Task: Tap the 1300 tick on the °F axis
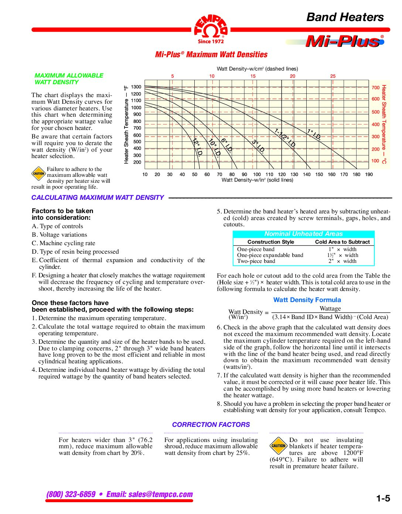[136, 87]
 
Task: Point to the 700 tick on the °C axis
[375, 88]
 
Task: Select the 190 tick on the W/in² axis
[369, 175]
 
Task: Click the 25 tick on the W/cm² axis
[333, 76]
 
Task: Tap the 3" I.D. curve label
[258, 146]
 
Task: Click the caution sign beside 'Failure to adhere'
[38, 174]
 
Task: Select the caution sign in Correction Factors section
[278, 446]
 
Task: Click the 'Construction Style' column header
[271, 242]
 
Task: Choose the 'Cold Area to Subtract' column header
[342, 242]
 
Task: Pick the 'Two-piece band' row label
[256, 261]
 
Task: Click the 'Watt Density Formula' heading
[307, 300]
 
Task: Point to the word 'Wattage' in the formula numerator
[330, 309]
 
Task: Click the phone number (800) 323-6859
[71, 494]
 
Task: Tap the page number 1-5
[383, 499]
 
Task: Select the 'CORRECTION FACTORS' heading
[211, 425]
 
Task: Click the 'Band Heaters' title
[345, 17]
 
